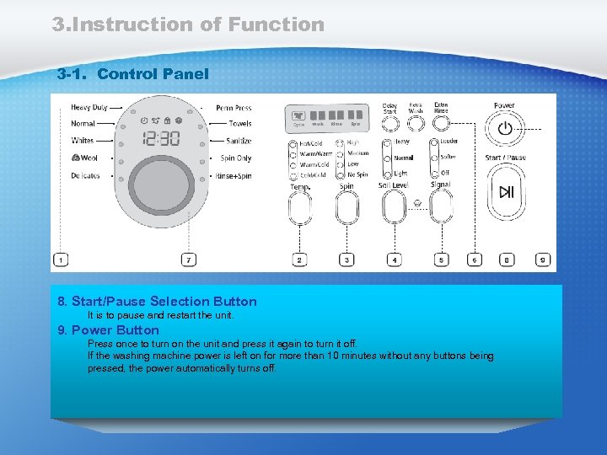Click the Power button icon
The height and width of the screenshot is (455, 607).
505,129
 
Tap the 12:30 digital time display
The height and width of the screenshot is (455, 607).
160,138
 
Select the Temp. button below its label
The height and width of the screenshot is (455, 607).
300,206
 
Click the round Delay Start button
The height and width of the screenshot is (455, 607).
389,125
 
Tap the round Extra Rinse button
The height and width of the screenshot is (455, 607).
441,125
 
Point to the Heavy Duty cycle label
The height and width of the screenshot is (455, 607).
89,108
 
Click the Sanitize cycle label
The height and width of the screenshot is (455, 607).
239,141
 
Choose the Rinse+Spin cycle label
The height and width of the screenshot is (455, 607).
234,175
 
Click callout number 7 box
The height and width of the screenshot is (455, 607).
189,260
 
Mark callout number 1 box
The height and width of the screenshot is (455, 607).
60,260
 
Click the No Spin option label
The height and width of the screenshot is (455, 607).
357,175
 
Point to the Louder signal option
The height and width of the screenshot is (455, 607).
449,142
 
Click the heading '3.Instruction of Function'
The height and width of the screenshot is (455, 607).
188,24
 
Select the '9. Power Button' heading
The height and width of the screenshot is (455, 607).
108,330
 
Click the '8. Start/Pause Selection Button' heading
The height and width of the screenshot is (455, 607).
157,301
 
